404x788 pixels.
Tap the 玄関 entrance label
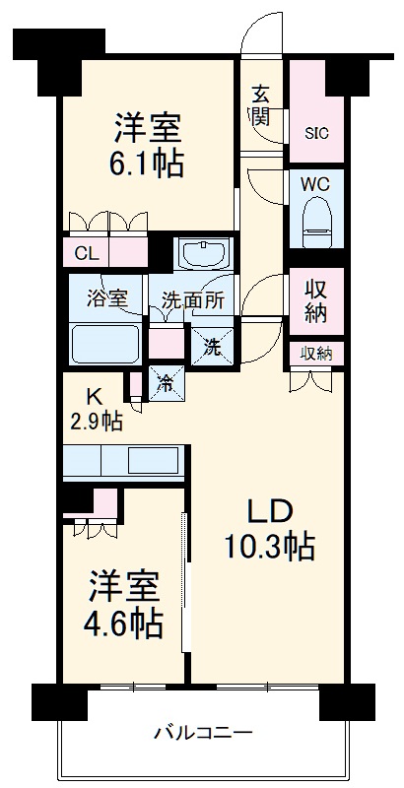click(x=261, y=105)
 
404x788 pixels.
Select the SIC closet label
click(x=316, y=130)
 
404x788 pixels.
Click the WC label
click(x=316, y=184)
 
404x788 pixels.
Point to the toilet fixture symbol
click(x=316, y=223)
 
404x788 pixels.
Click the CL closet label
click(x=87, y=253)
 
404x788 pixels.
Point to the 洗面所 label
click(x=192, y=300)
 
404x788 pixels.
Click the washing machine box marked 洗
click(x=213, y=346)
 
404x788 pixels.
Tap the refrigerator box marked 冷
click(x=166, y=382)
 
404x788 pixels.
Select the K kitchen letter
click(x=95, y=397)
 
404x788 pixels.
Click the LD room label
click(x=267, y=511)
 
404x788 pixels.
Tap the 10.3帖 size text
click(x=267, y=544)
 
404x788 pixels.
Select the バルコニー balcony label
click(x=203, y=733)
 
